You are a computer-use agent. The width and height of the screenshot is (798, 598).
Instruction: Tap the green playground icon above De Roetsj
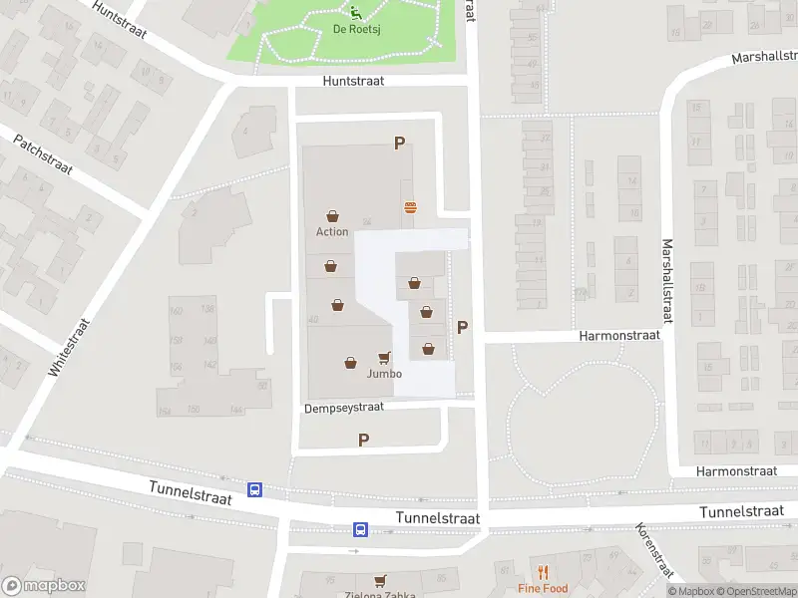tap(356, 12)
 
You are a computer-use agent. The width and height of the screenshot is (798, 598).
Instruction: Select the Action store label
tap(332, 231)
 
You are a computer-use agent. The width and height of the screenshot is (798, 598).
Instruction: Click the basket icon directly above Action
tap(332, 215)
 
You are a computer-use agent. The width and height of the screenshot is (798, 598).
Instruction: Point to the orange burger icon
tap(410, 207)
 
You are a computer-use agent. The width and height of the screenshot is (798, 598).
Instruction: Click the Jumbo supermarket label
tap(384, 374)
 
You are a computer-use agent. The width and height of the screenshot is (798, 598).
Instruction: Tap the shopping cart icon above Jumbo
tap(384, 358)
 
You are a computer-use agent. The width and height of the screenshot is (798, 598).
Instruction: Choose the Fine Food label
tap(543, 588)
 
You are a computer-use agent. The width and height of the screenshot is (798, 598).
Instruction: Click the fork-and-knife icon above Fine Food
tap(543, 572)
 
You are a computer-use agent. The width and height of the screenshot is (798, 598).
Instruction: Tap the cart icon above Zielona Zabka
tap(379, 579)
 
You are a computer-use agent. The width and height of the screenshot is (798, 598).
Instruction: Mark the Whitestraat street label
tap(68, 346)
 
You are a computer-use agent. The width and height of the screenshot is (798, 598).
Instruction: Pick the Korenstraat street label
tap(654, 550)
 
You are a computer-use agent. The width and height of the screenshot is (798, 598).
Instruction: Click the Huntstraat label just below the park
tap(353, 83)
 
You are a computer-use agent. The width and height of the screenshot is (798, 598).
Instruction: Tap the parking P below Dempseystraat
tap(363, 440)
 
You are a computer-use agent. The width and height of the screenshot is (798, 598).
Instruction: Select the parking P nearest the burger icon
tap(399, 144)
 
